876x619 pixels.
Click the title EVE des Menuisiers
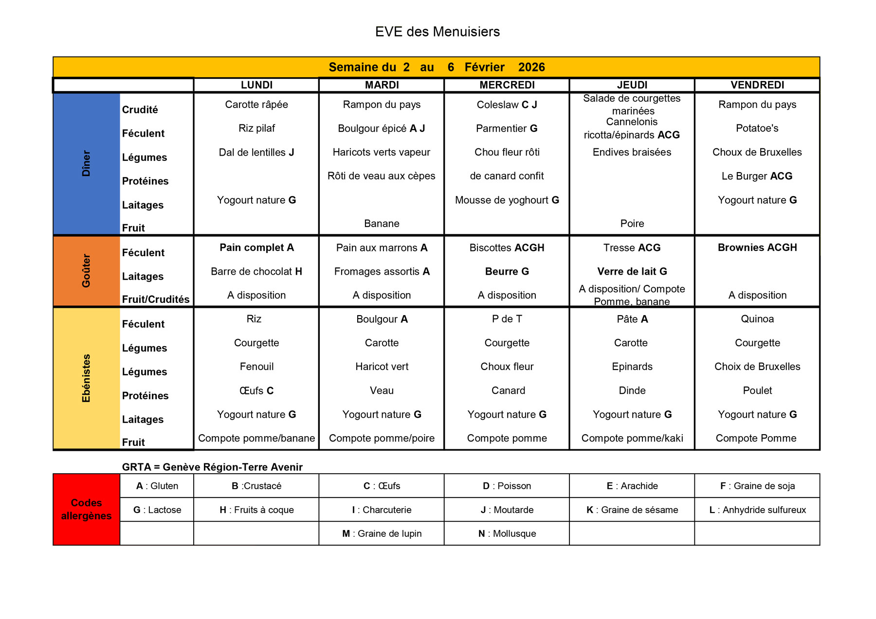[437, 32]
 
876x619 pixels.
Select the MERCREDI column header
[507, 85]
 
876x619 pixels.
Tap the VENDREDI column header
[757, 85]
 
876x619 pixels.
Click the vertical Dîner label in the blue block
[86, 163]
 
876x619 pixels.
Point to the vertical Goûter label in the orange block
[86, 271]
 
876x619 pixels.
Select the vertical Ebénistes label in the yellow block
[86, 378]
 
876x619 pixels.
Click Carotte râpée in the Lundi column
[256, 105]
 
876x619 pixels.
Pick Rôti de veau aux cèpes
[381, 176]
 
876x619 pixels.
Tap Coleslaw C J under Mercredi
[507, 105]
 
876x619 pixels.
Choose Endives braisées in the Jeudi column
[632, 152]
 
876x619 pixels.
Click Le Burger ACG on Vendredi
[757, 176]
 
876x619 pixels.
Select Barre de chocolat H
[256, 271]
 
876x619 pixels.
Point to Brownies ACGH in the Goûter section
[757, 248]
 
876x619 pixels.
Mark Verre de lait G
[632, 271]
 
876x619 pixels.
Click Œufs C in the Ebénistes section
[256, 390]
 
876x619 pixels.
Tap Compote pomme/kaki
[632, 438]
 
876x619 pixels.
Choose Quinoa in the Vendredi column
[757, 319]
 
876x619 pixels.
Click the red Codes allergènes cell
[86, 509]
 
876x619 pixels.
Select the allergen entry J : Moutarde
[507, 510]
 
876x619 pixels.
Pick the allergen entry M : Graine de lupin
[382, 533]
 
